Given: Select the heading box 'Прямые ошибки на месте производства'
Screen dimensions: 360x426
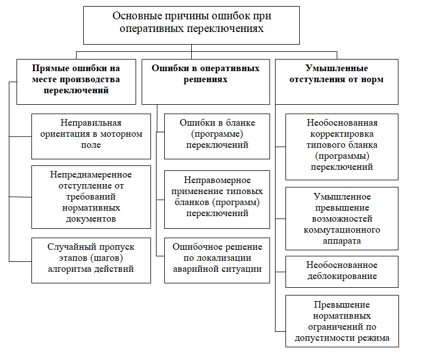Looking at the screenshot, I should coord(76,80).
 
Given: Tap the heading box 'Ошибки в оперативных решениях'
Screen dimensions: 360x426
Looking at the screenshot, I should coord(206,80).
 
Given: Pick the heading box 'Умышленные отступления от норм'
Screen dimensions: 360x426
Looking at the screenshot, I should coord(336,80).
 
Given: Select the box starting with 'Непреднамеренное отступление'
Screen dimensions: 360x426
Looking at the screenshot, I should coord(91,196).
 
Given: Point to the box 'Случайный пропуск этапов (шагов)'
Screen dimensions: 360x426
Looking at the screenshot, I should coord(91,260).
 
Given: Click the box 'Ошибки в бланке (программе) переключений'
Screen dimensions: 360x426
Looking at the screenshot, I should coord(217,135).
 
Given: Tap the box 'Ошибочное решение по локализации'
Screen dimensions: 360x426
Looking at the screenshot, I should coord(217,260).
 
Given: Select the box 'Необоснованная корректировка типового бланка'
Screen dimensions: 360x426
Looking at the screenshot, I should coord(342,146).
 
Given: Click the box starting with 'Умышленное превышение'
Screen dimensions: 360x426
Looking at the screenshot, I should coord(342,218).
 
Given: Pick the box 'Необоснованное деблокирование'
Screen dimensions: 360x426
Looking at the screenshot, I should coord(342,271).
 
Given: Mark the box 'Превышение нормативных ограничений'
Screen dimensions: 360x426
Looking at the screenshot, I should coord(342,321).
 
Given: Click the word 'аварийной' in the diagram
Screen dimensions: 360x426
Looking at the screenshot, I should coord(196,269).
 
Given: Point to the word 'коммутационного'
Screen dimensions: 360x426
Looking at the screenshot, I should coord(342,230).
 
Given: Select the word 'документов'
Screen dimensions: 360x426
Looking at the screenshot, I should coord(91,219).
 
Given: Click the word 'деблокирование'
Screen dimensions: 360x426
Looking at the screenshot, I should coord(342,276).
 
